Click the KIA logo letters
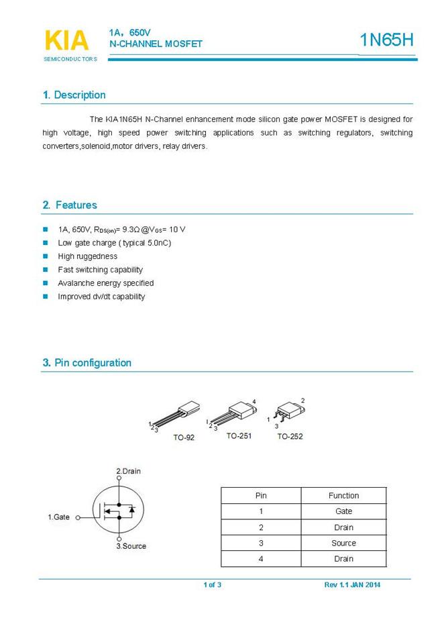[66, 40]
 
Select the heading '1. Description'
[74, 95]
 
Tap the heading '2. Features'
[70, 205]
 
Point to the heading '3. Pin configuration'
[87, 363]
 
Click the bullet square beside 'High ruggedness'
[46, 256]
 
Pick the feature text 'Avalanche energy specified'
[106, 283]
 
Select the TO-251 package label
[239, 436]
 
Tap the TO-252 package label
[290, 437]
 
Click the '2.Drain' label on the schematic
[128, 472]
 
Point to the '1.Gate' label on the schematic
[58, 517]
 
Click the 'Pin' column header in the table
[261, 496]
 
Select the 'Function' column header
[343, 496]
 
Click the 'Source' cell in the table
[343, 543]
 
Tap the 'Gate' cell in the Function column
[343, 511]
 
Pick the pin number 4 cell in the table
[261, 559]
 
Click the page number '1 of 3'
[212, 585]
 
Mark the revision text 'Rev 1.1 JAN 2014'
[352, 585]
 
